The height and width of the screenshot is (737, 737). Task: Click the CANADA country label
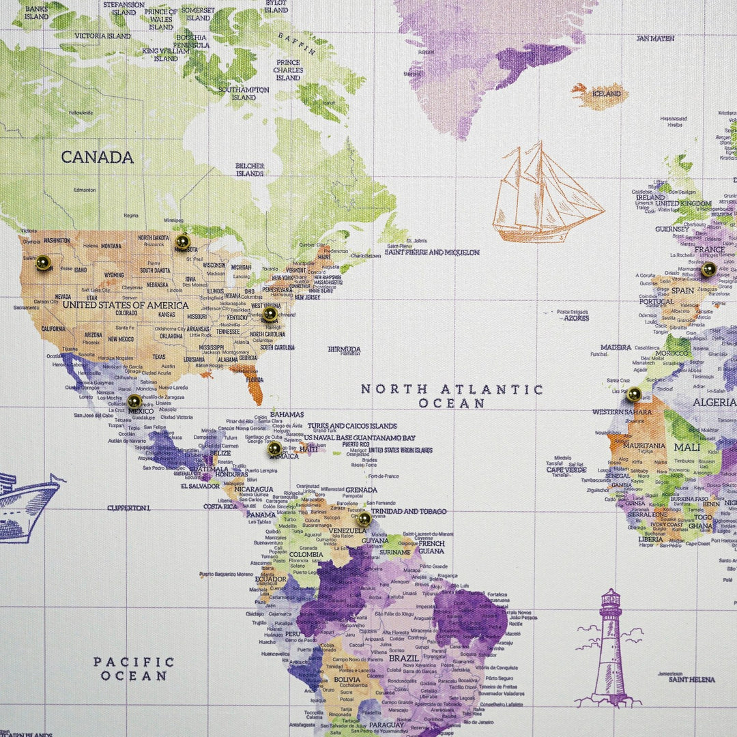pyautogui.click(x=97, y=157)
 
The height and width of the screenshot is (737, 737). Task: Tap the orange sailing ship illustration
pyautogui.click(x=546, y=194)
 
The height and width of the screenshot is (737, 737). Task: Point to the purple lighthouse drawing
pyautogui.click(x=609, y=648)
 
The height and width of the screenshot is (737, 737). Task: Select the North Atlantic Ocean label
pyautogui.click(x=452, y=396)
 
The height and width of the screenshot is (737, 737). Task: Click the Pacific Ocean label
pyautogui.click(x=134, y=669)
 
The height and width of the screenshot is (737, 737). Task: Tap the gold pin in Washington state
pyautogui.click(x=43, y=263)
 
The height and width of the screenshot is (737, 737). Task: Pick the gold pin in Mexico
pyautogui.click(x=134, y=401)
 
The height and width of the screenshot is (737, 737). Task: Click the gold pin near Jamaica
pyautogui.click(x=274, y=448)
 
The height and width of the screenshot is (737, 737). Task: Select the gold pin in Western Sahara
pyautogui.click(x=634, y=394)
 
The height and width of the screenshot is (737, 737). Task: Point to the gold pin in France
pyautogui.click(x=708, y=270)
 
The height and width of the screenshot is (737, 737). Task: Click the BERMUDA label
pyautogui.click(x=344, y=349)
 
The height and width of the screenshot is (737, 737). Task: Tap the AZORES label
pyautogui.click(x=576, y=318)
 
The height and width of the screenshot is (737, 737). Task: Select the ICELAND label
pyautogui.click(x=605, y=94)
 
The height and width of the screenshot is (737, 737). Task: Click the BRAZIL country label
pyautogui.click(x=403, y=659)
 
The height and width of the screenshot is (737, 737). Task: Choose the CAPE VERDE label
pyautogui.click(x=566, y=469)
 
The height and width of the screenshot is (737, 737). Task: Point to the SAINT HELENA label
pyautogui.click(x=691, y=680)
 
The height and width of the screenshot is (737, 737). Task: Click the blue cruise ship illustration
pyautogui.click(x=27, y=505)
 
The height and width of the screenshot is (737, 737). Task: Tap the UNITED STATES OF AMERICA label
pyautogui.click(x=125, y=305)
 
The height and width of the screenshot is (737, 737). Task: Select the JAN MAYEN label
pyautogui.click(x=654, y=38)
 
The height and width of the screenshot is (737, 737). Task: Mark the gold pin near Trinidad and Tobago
pyautogui.click(x=364, y=519)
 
